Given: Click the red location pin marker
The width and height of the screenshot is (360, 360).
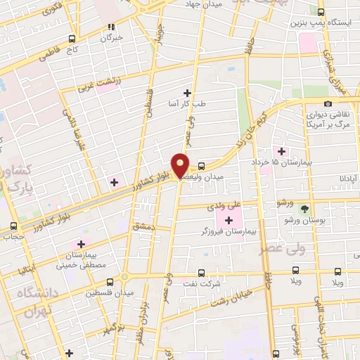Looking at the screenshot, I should [181, 165].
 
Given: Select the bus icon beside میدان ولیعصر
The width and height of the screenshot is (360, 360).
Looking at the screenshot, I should [202, 166].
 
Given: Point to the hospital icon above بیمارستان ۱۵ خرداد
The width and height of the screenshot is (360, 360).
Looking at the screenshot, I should [282, 151].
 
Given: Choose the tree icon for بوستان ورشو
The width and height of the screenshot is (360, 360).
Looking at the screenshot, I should [304, 209].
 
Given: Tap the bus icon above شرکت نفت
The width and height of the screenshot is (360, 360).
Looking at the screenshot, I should [202, 273].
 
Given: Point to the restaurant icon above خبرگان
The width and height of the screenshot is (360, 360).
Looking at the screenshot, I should [110, 27].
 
